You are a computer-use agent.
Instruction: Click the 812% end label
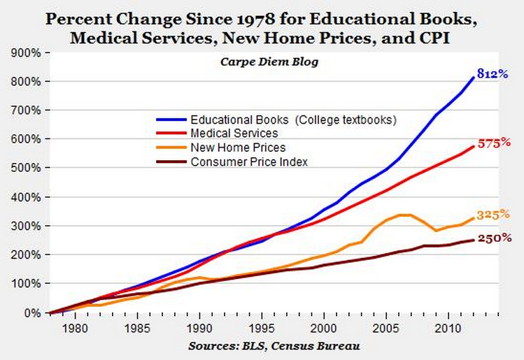(x=493, y=73)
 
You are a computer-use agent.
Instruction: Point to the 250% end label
(x=495, y=238)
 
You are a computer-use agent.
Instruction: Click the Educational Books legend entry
(x=294, y=120)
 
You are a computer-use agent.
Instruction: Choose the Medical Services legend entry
(x=234, y=133)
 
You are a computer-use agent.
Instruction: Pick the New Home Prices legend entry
(x=238, y=147)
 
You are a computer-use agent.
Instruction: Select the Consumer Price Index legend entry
(x=249, y=161)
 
